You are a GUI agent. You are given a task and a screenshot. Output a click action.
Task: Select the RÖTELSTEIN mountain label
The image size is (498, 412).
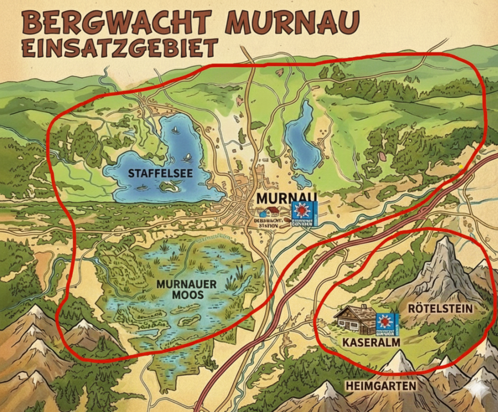(x=440, y=308)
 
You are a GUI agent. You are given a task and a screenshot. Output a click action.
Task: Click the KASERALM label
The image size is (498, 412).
(x=372, y=342)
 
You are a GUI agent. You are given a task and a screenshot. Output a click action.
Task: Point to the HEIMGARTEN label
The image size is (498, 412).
(x=381, y=386)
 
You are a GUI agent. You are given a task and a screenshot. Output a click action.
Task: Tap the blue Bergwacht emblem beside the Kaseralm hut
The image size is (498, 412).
(x=388, y=324)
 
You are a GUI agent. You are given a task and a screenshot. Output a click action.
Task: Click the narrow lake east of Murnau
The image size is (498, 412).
(x=303, y=138)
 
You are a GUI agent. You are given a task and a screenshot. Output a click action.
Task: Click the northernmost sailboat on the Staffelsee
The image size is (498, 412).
(x=175, y=130)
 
